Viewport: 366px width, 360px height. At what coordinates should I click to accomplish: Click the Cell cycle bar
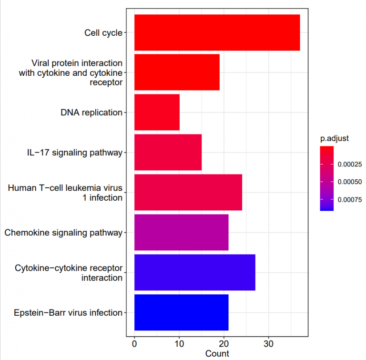(x=217, y=32)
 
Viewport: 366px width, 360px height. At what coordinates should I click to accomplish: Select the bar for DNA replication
(x=157, y=112)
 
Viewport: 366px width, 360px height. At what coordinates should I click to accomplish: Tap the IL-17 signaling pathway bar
(x=168, y=152)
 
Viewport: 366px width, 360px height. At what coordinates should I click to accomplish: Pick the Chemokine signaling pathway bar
(x=181, y=232)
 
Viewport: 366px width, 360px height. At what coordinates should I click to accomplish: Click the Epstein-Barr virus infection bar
(x=181, y=312)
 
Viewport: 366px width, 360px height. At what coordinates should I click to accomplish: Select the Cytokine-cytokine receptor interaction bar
(x=194, y=272)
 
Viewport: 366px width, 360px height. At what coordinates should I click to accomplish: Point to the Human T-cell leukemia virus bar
(x=188, y=192)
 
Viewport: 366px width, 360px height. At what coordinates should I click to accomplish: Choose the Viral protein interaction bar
(x=177, y=72)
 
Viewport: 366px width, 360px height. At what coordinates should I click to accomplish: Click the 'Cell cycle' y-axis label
(x=103, y=33)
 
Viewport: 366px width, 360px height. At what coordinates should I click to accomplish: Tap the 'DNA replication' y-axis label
(x=91, y=113)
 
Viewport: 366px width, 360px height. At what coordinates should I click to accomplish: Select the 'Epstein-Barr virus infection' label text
(x=68, y=313)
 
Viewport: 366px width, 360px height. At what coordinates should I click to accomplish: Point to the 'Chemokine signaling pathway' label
(x=63, y=233)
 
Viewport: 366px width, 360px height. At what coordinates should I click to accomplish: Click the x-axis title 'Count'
(x=217, y=353)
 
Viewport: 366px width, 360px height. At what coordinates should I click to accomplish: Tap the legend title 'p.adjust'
(x=335, y=139)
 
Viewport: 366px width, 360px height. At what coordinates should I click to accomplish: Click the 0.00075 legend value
(x=349, y=199)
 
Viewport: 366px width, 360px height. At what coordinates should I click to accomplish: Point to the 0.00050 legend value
(x=349, y=182)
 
